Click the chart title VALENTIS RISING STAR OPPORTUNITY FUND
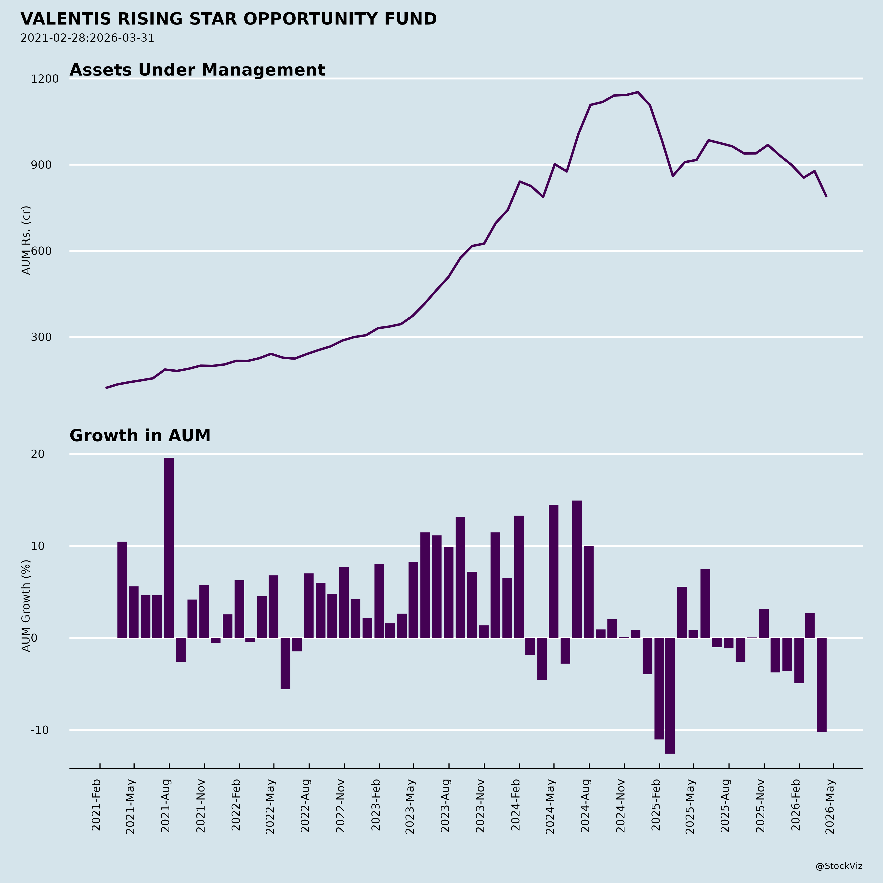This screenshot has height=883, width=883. pos(229,19)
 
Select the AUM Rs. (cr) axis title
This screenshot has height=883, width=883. pos(26,240)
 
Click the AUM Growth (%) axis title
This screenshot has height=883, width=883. pos(26,606)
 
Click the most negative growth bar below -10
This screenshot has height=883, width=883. pos(670,695)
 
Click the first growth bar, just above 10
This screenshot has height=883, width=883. pos(122,590)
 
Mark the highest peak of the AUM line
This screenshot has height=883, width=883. pos(637,92)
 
